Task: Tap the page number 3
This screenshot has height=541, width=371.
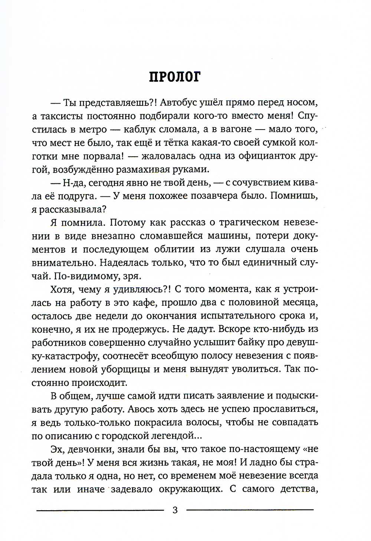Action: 175,510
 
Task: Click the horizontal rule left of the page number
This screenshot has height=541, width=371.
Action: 100,510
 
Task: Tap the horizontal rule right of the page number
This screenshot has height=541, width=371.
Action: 250,510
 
